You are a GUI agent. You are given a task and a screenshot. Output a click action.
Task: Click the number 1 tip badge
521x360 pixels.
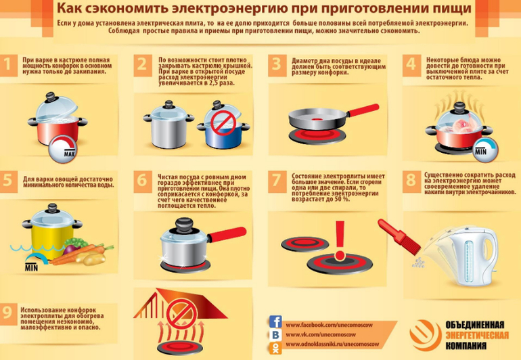(8, 65)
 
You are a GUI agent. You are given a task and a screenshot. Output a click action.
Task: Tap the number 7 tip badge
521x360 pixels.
(277, 181)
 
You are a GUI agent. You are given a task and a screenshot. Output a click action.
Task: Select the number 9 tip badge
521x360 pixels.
(8, 313)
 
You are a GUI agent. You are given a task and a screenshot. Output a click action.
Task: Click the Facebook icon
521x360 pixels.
(275, 322)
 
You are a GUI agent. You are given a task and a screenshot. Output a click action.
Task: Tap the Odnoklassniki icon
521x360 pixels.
(275, 348)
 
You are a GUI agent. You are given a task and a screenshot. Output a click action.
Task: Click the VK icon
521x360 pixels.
(275, 335)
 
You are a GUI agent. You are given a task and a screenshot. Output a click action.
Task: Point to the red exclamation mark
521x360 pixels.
(340, 240)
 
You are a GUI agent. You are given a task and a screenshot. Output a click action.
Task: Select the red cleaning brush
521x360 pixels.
(399, 235)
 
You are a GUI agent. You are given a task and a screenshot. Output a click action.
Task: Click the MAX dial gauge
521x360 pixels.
(63, 150)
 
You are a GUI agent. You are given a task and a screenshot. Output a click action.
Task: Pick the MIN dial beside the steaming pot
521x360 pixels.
(485, 150)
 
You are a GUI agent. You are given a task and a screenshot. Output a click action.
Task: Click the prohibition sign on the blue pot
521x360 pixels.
(223, 123)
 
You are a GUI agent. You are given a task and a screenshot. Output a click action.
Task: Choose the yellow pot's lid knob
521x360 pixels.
(52, 208)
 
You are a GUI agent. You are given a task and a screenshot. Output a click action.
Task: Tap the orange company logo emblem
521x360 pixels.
(426, 335)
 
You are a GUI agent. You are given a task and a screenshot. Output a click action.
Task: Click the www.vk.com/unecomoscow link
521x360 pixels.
(321, 335)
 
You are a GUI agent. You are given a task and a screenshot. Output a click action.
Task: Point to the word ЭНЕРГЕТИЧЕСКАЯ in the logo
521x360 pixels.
(477, 335)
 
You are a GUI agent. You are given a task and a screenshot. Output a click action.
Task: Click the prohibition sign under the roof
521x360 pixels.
(180, 313)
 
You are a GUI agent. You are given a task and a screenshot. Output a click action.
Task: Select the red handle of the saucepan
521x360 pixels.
(227, 234)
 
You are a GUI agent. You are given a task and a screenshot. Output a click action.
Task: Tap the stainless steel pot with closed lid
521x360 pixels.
(168, 125)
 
